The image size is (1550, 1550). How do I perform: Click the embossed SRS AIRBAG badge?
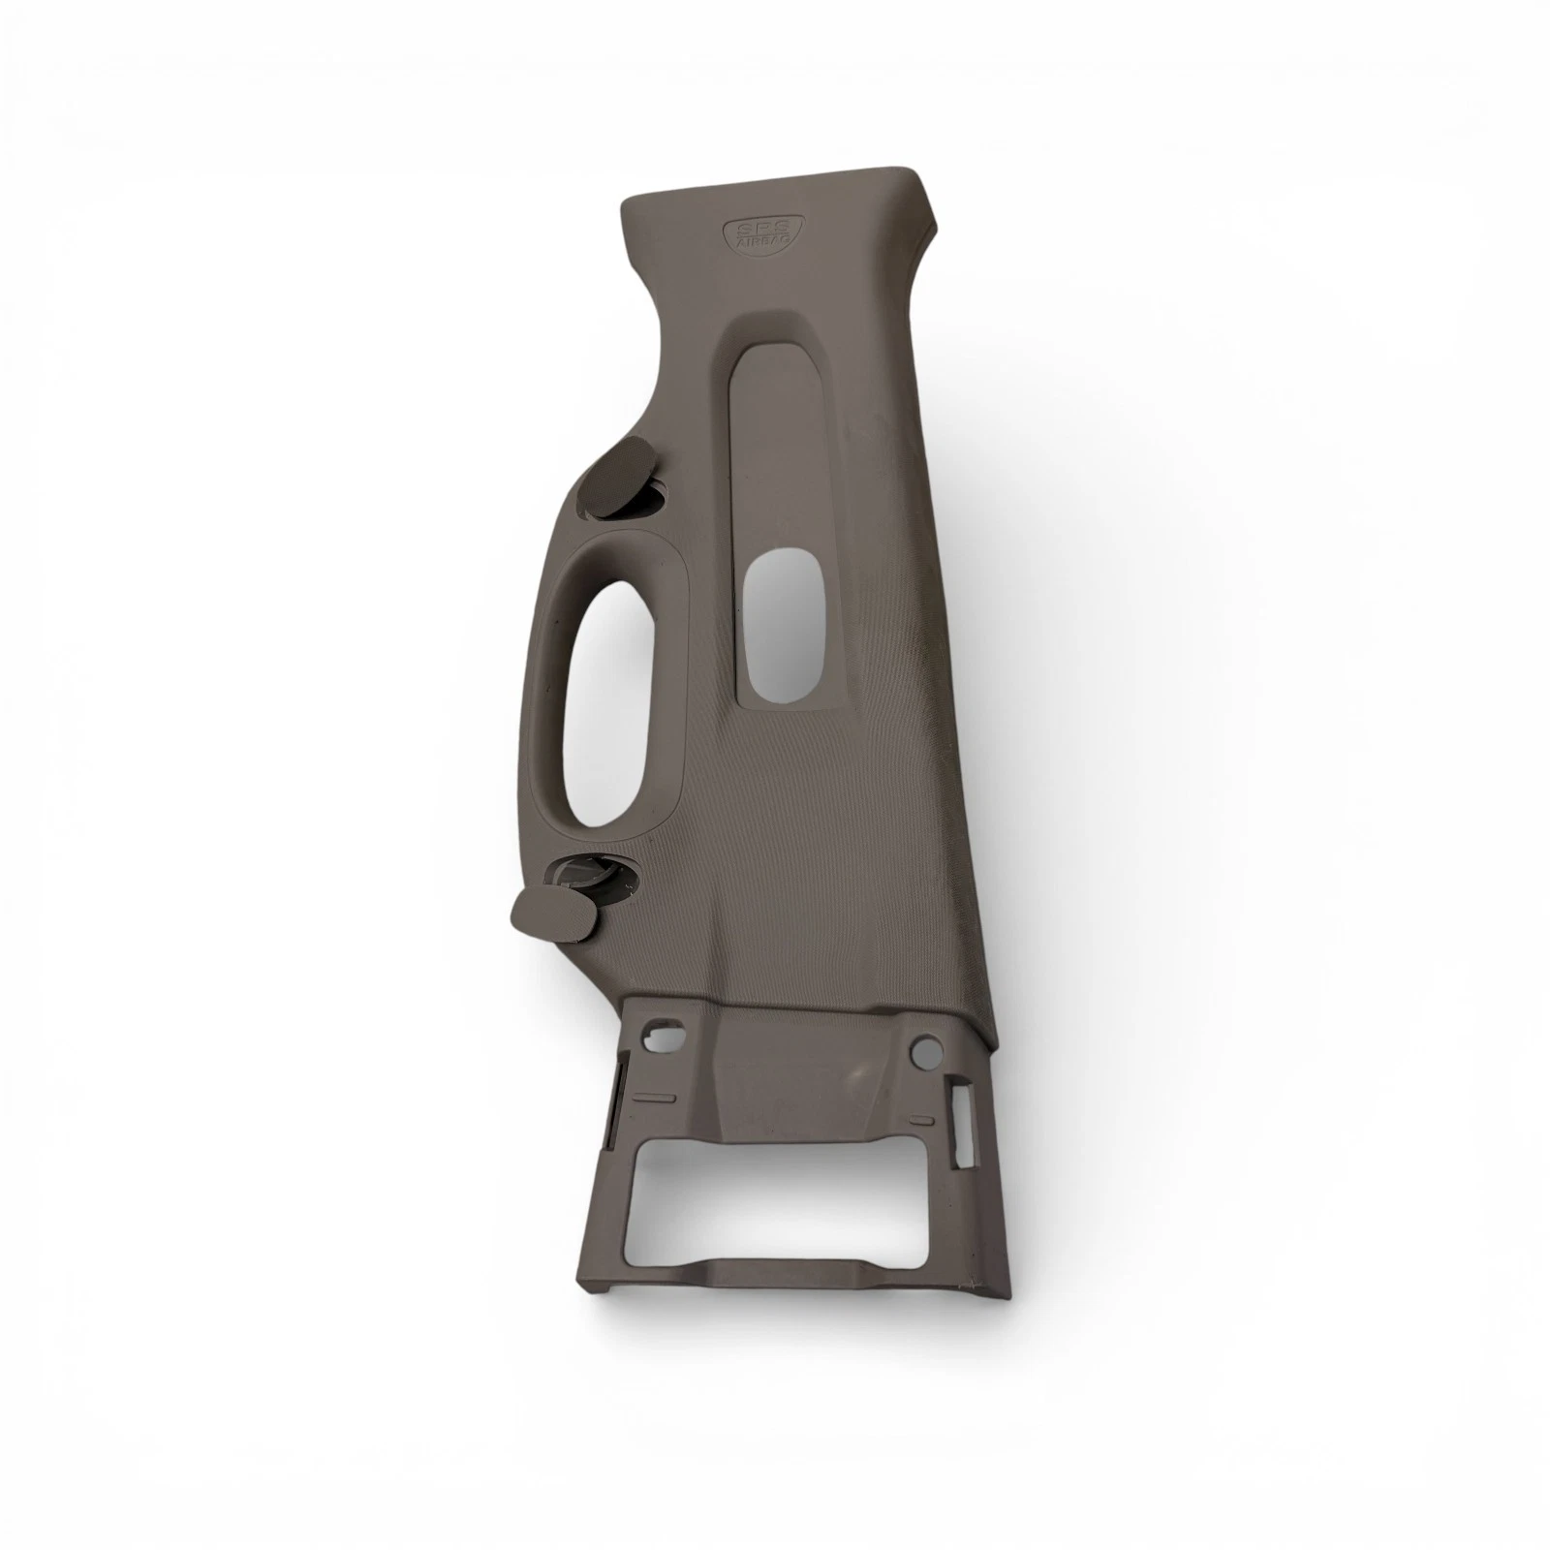point(751,235)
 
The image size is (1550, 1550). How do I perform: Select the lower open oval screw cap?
point(552,914)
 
